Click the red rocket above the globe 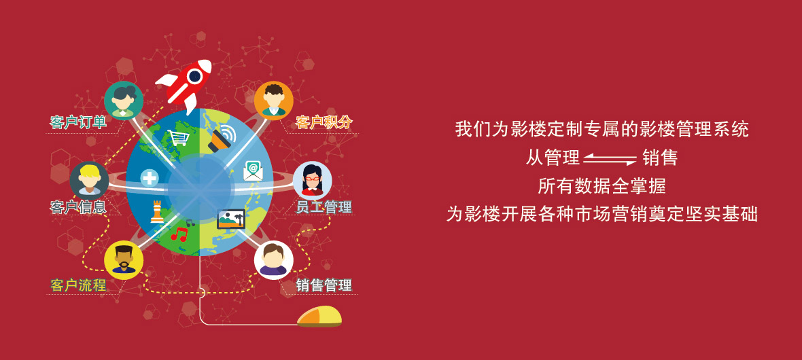point(185,84)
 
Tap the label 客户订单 point(78,123)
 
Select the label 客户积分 point(324,123)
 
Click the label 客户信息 point(78,206)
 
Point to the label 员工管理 point(324,206)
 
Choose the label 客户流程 point(78,285)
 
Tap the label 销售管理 point(324,285)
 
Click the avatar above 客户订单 point(124,101)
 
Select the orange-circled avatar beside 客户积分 point(274,101)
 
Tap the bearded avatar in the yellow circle point(124,259)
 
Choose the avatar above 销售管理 point(274,259)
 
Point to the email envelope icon point(254,170)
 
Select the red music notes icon point(179,234)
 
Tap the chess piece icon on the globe point(157,212)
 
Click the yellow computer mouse point(319,317)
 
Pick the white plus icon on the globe point(150,178)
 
